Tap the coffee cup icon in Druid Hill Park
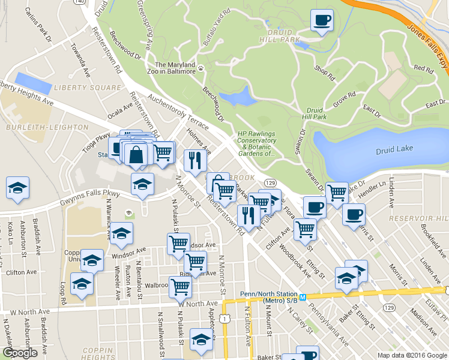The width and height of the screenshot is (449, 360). tap(322, 22)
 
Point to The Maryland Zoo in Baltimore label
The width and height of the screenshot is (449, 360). tap(175, 68)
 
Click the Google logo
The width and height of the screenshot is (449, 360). tap(19, 353)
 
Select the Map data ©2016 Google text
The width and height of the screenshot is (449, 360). tap(412, 355)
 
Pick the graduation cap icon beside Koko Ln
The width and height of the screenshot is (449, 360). tap(17, 188)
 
